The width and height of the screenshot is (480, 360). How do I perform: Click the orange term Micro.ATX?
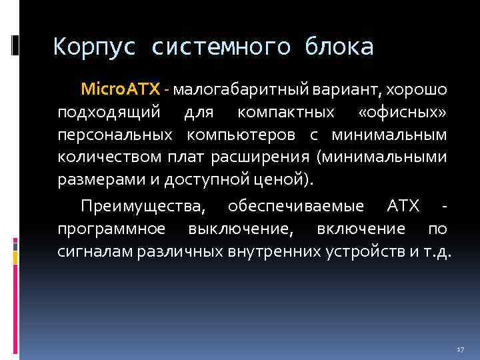coord(121,89)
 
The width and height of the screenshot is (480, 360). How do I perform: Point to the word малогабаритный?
coord(232,89)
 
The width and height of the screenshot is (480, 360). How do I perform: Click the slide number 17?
coord(459,349)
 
